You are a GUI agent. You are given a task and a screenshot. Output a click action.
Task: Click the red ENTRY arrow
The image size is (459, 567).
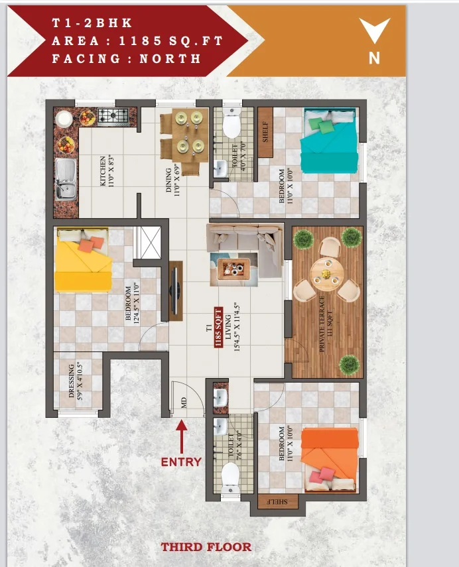[x=182, y=436]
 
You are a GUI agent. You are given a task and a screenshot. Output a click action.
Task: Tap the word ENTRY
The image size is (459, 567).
[x=181, y=462]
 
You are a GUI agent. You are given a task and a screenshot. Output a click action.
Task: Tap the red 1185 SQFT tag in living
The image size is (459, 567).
[x=218, y=328]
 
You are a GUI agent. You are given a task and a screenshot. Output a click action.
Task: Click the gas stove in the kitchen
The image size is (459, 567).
[x=113, y=117]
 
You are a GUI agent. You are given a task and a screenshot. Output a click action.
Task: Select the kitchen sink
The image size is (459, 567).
[x=66, y=180]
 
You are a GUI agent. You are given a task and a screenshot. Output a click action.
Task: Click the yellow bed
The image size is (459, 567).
[x=83, y=259]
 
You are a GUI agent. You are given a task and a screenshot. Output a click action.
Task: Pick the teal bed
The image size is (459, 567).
[x=329, y=141]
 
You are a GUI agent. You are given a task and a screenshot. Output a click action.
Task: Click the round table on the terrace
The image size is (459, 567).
[x=327, y=274]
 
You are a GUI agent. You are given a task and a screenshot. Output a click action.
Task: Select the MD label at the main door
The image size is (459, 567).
[x=184, y=403]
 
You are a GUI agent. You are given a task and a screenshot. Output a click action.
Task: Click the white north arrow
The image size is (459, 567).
[x=374, y=31]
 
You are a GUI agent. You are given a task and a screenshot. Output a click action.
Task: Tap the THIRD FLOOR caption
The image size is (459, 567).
[x=206, y=546]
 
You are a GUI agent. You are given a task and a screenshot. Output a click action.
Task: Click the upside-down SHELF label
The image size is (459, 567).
[x=277, y=501]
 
